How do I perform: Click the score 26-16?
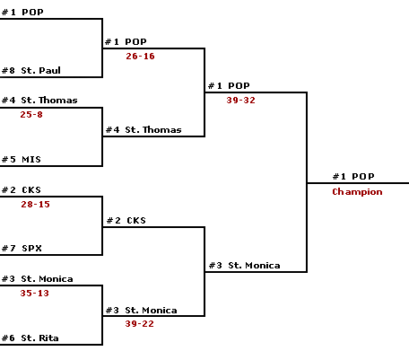140,56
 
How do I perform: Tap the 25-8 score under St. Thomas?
31,114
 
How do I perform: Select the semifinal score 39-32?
240,100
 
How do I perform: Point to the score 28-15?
35,204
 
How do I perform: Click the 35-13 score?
34,293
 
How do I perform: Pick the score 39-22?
139,323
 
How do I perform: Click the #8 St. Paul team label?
31,70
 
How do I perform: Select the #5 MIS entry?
22,159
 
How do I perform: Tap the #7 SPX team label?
22,248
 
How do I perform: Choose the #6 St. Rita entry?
30,338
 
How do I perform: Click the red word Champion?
357,191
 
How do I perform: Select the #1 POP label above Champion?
353,176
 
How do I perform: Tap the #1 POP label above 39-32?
229,85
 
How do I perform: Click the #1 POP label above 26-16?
126,41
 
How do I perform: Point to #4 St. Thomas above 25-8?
39,100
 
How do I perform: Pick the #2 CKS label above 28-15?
22,189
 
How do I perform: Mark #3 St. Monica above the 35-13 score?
37,279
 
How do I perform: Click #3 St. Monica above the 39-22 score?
141,310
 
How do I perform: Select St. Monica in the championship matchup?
244,266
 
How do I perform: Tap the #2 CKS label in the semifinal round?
126,220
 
